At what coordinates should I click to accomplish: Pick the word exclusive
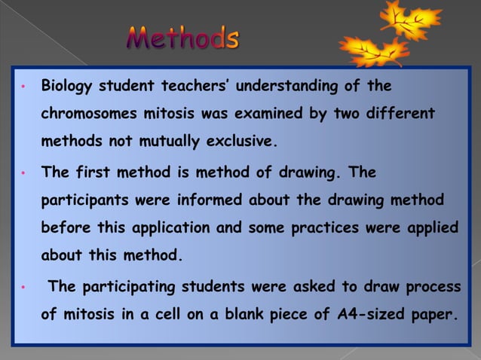point(243,140)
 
